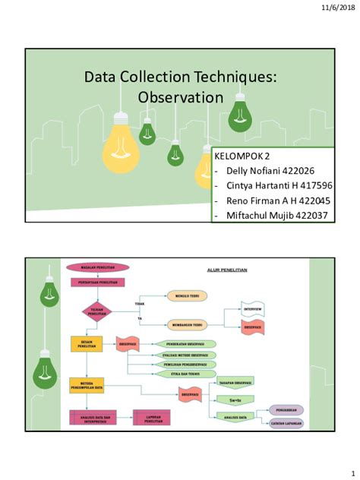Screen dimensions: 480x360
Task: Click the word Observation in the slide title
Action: [180, 97]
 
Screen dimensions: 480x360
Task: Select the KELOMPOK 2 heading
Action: [242, 156]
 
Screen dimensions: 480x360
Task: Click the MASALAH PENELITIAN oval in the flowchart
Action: [97, 267]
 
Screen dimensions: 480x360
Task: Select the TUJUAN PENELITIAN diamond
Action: [96, 311]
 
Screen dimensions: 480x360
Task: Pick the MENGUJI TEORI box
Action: [187, 297]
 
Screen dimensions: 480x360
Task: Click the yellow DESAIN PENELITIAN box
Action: [86, 343]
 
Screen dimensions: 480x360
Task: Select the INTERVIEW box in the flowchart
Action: [253, 310]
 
